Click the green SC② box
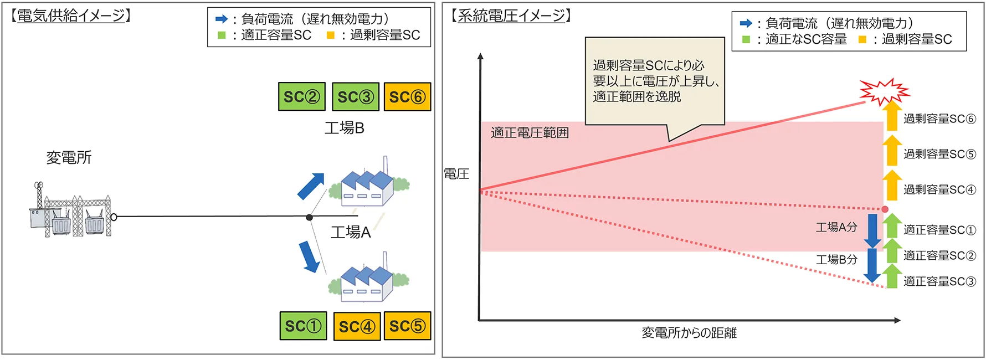(x=301, y=96)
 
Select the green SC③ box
(x=356, y=97)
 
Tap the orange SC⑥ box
(x=407, y=97)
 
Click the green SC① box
(x=303, y=326)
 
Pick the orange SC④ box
(x=357, y=326)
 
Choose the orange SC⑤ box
(x=407, y=326)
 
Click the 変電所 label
(x=69, y=158)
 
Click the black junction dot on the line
(x=310, y=217)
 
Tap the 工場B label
(x=345, y=128)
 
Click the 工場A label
(x=351, y=232)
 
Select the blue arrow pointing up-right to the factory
(x=311, y=186)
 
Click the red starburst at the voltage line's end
(x=884, y=92)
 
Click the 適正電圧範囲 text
(x=530, y=133)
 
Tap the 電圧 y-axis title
(x=456, y=174)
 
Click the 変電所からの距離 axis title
(x=689, y=333)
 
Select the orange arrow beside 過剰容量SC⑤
(x=891, y=150)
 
